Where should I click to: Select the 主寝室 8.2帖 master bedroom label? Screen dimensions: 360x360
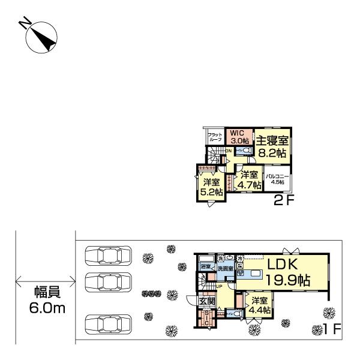(272, 146)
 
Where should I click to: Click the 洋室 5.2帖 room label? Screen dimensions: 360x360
(211, 187)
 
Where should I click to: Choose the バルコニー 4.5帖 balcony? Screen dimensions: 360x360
(278, 180)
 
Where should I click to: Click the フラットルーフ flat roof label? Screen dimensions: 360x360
(215, 137)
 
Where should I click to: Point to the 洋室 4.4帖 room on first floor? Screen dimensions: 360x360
(260, 305)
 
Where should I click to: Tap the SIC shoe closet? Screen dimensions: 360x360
(206, 317)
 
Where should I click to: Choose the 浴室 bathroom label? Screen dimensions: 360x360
(206, 265)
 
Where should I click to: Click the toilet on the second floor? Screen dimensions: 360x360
(242, 151)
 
